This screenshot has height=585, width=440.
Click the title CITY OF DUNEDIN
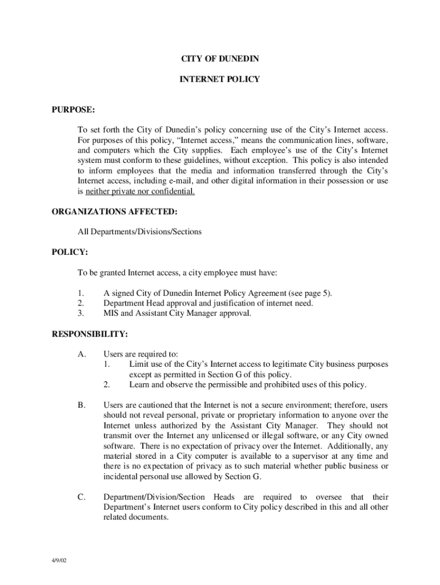(220, 59)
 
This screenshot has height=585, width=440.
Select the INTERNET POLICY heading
(220, 79)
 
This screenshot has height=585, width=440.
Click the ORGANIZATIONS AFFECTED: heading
(114, 212)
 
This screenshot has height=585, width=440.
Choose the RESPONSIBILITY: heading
(90, 334)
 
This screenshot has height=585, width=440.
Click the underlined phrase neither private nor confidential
(140, 191)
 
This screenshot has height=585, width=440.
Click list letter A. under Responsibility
(82, 354)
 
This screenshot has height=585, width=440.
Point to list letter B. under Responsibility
(82, 405)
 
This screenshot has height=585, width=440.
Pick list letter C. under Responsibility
(82, 497)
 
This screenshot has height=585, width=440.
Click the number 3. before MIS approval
(81, 314)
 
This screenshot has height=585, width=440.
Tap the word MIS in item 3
(111, 314)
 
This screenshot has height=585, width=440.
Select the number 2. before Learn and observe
(106, 384)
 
